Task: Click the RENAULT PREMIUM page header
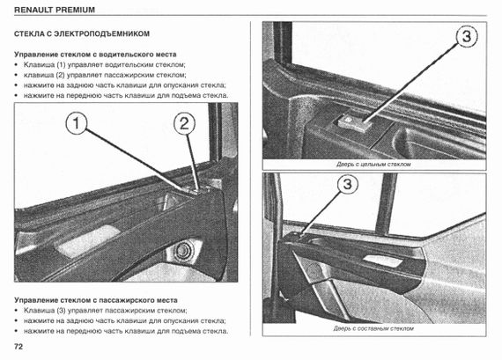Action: pyautogui.click(x=55, y=10)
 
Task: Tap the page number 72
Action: pyautogui.click(x=18, y=347)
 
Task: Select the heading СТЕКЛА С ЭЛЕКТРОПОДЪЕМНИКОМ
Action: pyautogui.click(x=82, y=34)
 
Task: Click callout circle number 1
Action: pyautogui.click(x=77, y=124)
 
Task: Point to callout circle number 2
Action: pyautogui.click(x=184, y=124)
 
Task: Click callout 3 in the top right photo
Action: pyautogui.click(x=467, y=36)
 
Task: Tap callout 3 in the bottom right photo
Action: pyautogui.click(x=347, y=184)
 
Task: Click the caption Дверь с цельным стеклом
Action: pyautogui.click(x=373, y=165)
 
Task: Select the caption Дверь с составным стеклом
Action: pyautogui.click(x=373, y=328)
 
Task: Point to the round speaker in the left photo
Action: pyautogui.click(x=182, y=249)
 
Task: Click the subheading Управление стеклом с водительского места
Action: pyautogui.click(x=95, y=55)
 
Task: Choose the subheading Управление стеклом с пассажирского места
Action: pyautogui.click(x=96, y=300)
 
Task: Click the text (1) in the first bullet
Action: pyautogui.click(x=61, y=64)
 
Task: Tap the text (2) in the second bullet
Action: pyautogui.click(x=60, y=75)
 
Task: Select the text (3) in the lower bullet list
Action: pyautogui.click(x=61, y=311)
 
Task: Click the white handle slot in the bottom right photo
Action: pyautogui.click(x=383, y=261)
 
